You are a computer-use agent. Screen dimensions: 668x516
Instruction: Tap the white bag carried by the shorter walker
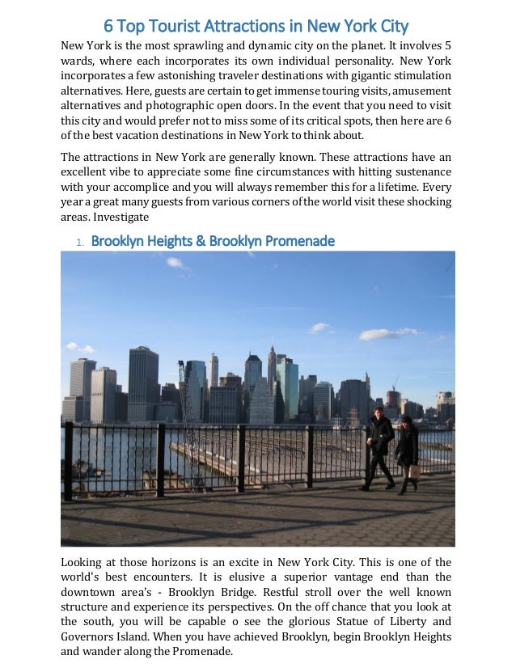coord(413,471)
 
